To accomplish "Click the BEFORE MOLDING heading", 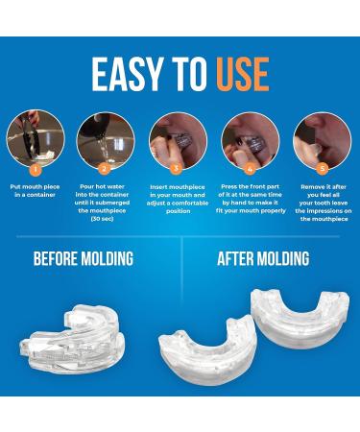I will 83,259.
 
